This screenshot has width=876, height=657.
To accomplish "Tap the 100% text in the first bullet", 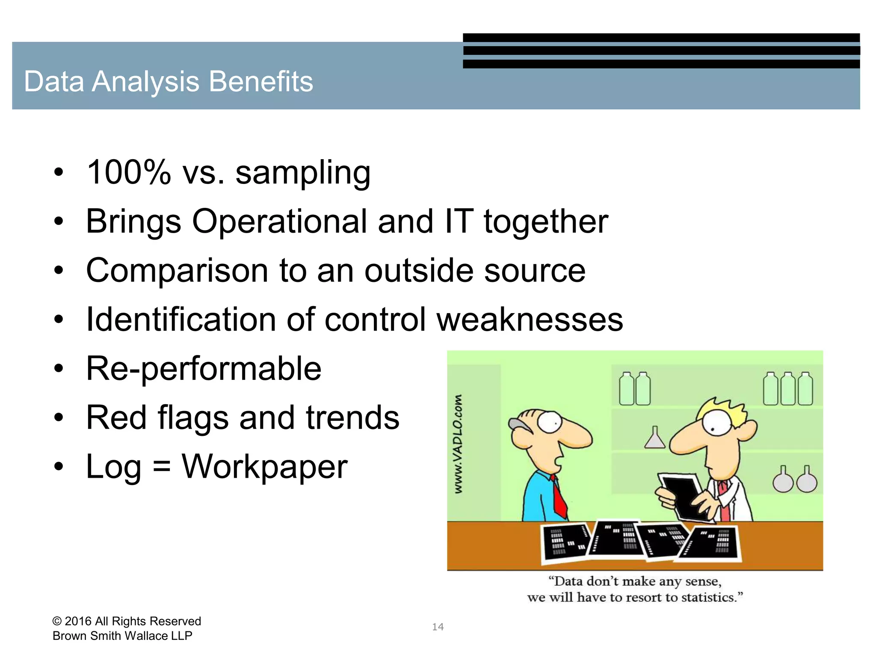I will pyautogui.click(x=128, y=172).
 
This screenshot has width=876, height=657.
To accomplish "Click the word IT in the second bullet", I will pyautogui.click(x=459, y=222).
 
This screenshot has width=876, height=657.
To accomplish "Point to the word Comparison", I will pyautogui.click(x=177, y=271).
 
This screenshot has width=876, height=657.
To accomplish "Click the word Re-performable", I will pyautogui.click(x=204, y=369).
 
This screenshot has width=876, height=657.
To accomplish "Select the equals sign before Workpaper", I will pyautogui.click(x=162, y=467).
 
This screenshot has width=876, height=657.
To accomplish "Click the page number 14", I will pyautogui.click(x=438, y=627).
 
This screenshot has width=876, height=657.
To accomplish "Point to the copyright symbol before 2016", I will pyautogui.click(x=57, y=621).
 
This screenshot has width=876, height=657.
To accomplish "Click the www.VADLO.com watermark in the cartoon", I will pyautogui.click(x=458, y=443).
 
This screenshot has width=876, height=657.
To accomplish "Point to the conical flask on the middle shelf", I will pyautogui.click(x=655, y=438).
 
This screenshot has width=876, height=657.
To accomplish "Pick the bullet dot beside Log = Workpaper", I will pyautogui.click(x=59, y=467).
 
